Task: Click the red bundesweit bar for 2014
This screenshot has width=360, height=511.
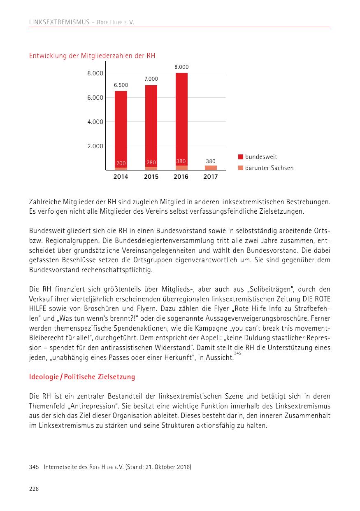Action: [x=121, y=128]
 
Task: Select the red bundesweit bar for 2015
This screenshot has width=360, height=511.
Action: [x=151, y=124]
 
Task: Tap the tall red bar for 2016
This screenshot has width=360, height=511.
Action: [x=181, y=115]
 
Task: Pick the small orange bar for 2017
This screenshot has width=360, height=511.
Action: [x=211, y=168]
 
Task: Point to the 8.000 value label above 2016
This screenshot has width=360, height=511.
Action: [x=181, y=67]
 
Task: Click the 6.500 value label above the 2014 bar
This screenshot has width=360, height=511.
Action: [x=121, y=85]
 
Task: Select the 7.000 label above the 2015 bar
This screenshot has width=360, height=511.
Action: [x=151, y=79]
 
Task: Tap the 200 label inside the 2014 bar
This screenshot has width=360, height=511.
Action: [x=121, y=163]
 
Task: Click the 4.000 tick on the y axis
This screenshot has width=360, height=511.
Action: [x=95, y=122]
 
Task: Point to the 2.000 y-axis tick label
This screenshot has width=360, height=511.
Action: [x=95, y=146]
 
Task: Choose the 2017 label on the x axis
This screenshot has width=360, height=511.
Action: [x=211, y=177]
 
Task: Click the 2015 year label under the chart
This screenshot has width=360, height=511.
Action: [x=151, y=177]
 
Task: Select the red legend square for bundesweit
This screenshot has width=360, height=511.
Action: [x=240, y=157]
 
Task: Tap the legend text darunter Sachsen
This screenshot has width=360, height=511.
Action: [x=269, y=168]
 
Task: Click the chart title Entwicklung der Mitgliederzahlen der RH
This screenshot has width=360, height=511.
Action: [x=92, y=56]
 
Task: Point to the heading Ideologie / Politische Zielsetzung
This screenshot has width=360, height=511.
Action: [x=82, y=377]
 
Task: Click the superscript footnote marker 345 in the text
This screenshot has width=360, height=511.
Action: [x=237, y=353]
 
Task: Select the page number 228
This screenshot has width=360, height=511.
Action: [x=34, y=489]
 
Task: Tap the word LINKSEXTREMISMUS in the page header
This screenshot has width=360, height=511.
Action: [x=59, y=22]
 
